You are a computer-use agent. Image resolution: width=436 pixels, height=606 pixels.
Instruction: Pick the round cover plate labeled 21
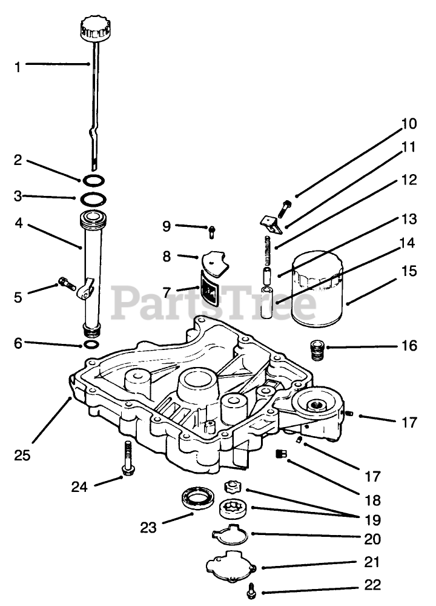tap(231, 565)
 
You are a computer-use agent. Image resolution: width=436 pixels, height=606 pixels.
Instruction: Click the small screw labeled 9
tap(212, 231)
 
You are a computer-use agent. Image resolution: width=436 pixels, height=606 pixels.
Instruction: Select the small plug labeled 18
tap(280, 454)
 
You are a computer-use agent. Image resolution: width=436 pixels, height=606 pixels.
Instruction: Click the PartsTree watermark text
tap(215, 301)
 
